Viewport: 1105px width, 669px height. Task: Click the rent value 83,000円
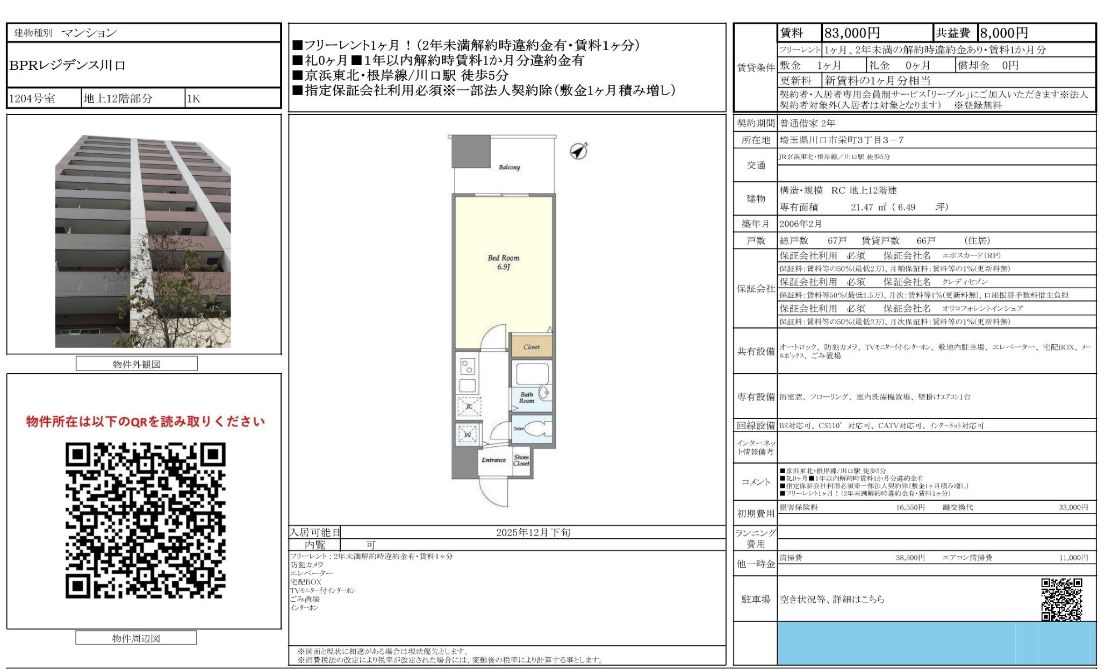tap(852, 33)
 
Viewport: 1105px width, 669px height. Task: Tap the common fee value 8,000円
tap(1004, 33)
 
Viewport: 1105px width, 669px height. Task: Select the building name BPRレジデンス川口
tap(68, 66)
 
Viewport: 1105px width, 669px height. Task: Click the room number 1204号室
tap(32, 99)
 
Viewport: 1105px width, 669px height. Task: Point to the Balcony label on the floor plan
tap(509, 167)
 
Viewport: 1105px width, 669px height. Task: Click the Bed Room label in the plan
tap(504, 262)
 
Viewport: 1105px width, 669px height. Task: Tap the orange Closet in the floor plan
tap(531, 347)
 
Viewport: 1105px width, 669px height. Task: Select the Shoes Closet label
tap(521, 460)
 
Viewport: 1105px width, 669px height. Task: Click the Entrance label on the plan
tap(493, 460)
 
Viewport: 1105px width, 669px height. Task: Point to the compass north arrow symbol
tap(578, 151)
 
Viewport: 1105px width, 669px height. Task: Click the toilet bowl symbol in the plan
tap(537, 429)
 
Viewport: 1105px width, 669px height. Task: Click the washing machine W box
tap(468, 434)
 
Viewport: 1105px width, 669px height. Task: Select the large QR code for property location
tap(145, 521)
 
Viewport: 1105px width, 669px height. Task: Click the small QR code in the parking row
tap(1061, 599)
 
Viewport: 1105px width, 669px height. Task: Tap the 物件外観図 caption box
tap(137, 364)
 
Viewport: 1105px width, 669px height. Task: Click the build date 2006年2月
tap(800, 224)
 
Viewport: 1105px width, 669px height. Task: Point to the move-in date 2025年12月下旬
tap(533, 532)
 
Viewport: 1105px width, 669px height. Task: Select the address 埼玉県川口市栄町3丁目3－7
tap(842, 140)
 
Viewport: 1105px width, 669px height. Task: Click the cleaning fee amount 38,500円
tap(910, 558)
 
